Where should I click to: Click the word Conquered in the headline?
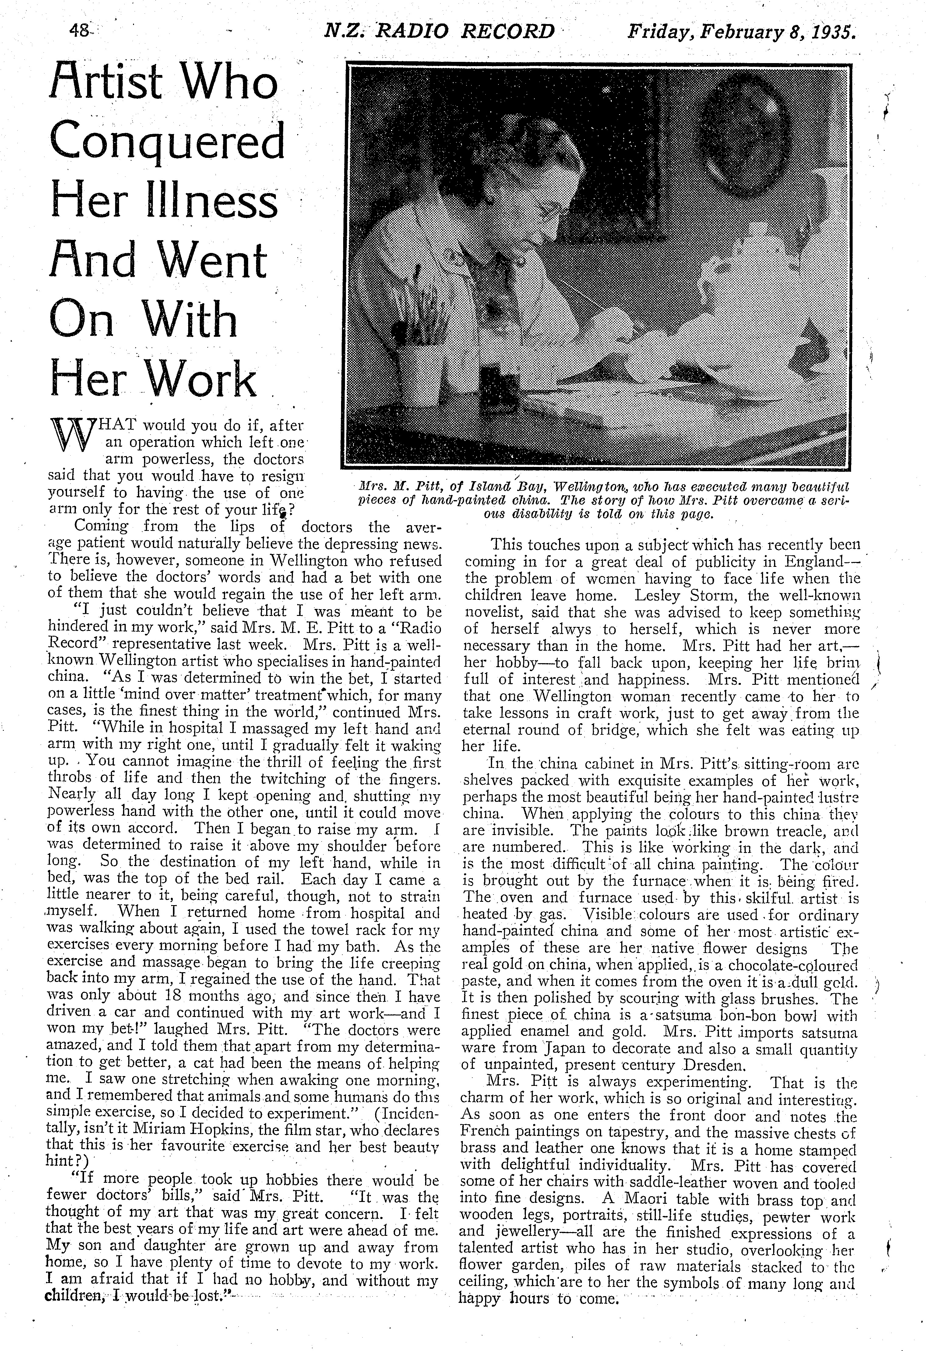click(x=167, y=142)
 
